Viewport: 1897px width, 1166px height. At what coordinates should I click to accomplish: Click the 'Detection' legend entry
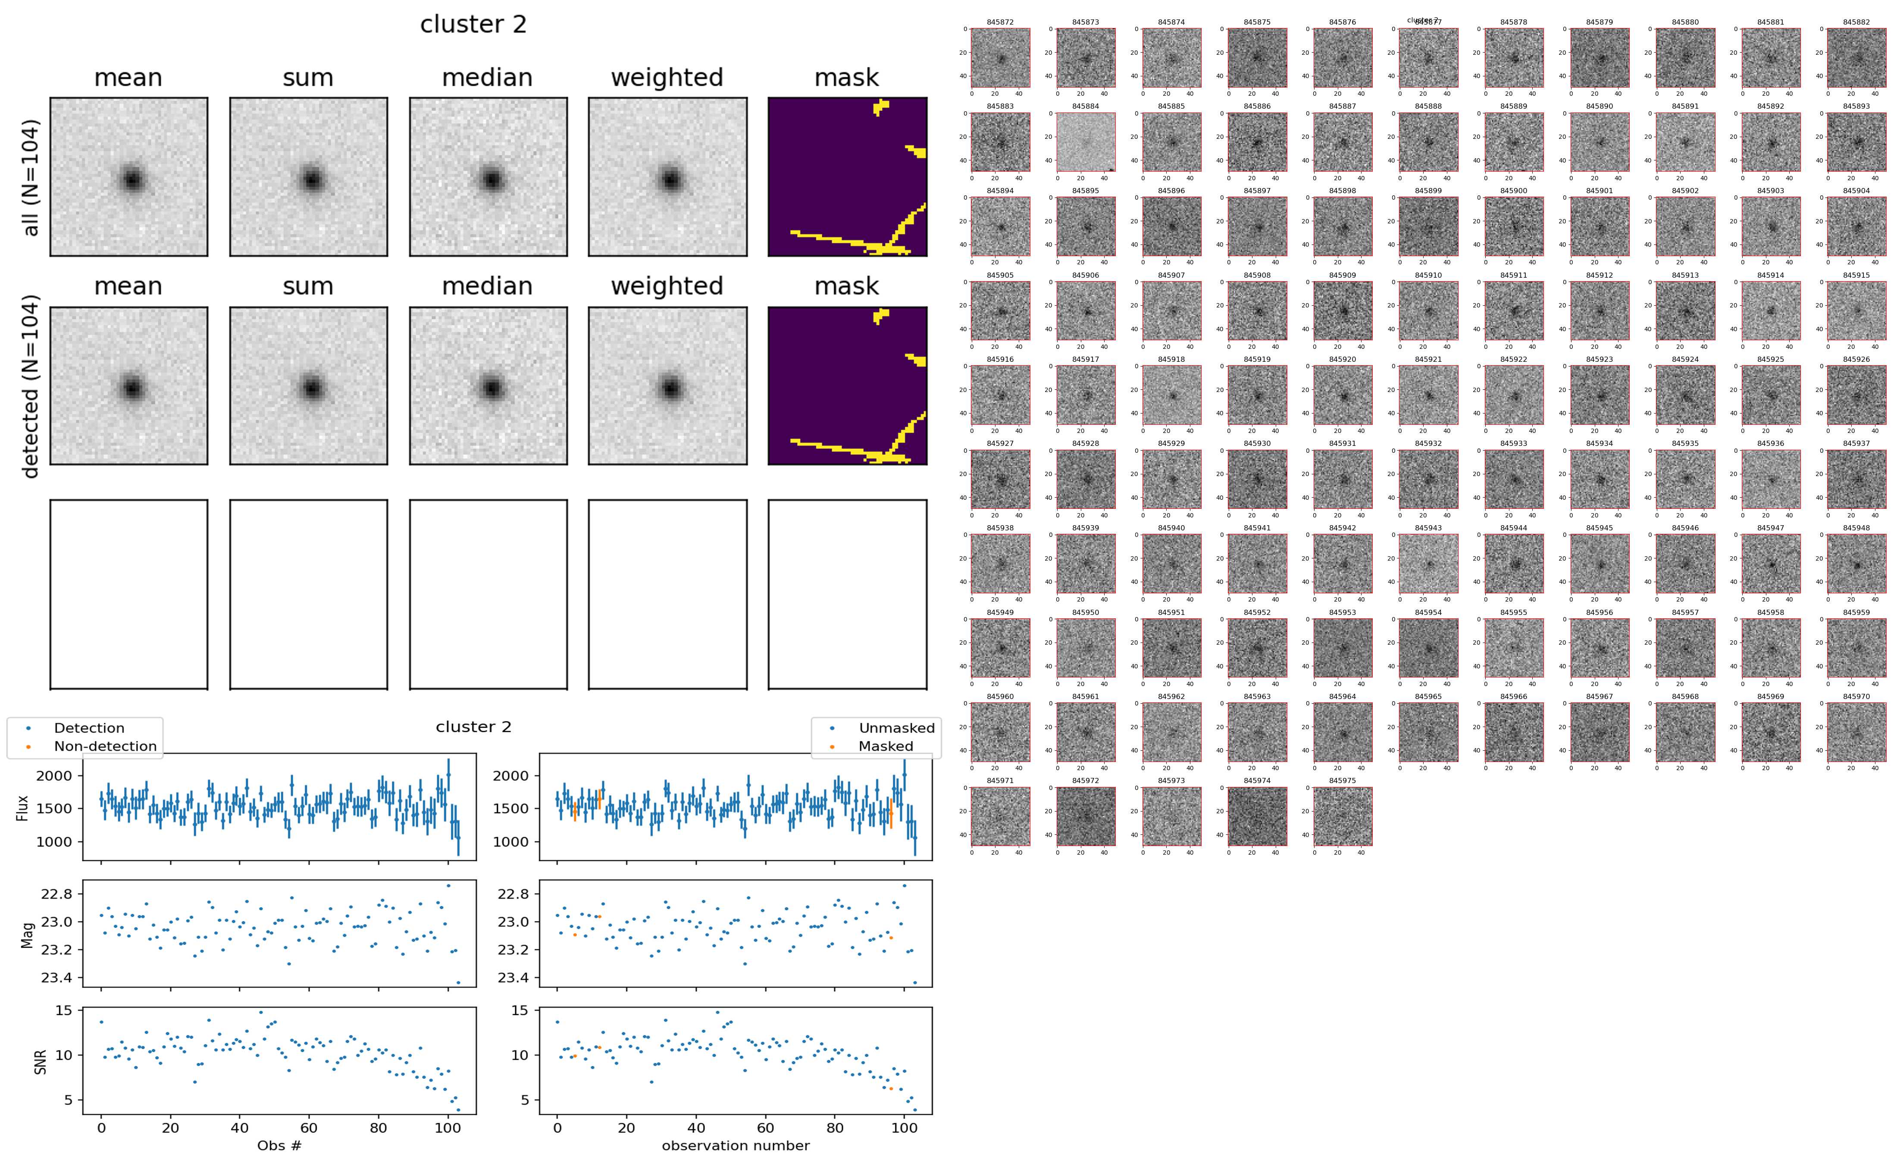[89, 728]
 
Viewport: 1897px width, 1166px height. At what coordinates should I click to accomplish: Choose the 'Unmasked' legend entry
[896, 728]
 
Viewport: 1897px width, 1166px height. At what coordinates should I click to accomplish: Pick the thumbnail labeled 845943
[1428, 563]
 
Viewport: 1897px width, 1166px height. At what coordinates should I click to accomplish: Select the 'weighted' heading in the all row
[667, 78]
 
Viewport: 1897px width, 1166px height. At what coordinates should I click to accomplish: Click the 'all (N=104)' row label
[31, 177]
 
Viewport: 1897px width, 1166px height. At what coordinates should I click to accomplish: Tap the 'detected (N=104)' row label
[31, 386]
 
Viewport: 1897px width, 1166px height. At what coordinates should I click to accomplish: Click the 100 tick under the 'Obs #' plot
[448, 1128]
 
